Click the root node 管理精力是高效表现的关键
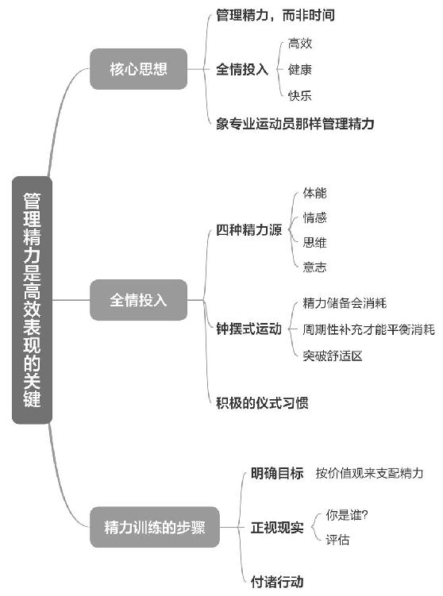tap(32, 300)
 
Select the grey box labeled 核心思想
tap(138, 69)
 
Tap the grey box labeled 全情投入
tap(138, 300)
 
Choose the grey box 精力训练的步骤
tap(154, 527)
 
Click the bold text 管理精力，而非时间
tap(275, 15)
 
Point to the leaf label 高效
tap(300, 44)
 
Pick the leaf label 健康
tap(300, 69)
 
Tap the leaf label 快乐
tap(300, 95)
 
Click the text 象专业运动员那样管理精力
tap(295, 124)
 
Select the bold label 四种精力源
tap(249, 230)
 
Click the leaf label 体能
tap(315, 193)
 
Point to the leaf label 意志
tap(315, 267)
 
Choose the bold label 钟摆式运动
tap(249, 329)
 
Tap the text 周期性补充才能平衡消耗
tap(368, 329)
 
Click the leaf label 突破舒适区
tap(333, 356)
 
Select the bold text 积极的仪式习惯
tap(262, 403)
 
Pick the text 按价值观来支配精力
tap(369, 473)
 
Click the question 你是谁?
tap(347, 515)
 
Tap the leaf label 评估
tap(337, 540)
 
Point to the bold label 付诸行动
tap(277, 582)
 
